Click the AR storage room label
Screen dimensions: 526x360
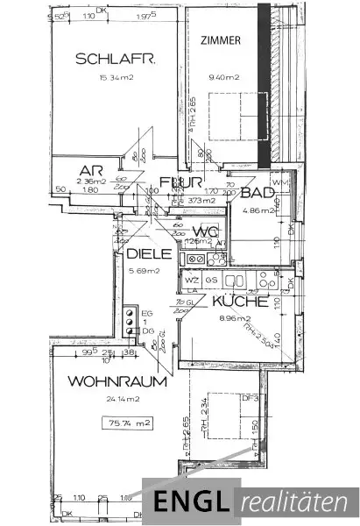(x=87, y=170)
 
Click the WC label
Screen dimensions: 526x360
(x=205, y=231)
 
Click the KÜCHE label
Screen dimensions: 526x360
(x=238, y=301)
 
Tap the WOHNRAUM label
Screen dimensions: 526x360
(x=102, y=383)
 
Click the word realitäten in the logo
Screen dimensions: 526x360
(x=295, y=502)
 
